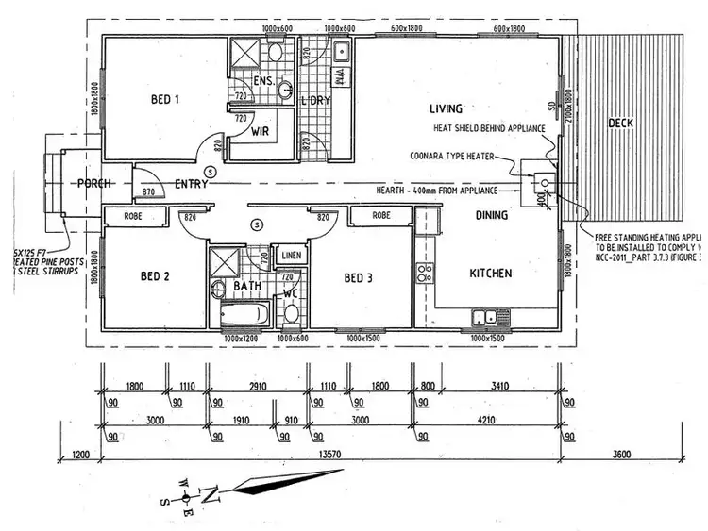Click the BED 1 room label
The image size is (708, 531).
click(x=166, y=97)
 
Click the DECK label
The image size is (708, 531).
click(x=620, y=124)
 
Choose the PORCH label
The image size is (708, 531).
click(x=96, y=184)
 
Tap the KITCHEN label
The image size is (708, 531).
click(x=491, y=274)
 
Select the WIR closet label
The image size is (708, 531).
click(x=261, y=133)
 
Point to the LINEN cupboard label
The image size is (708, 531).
click(x=291, y=255)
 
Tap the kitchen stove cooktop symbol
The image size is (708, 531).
click(x=426, y=273)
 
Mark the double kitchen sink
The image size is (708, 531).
click(x=487, y=319)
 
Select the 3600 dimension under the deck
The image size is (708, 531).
click(x=621, y=456)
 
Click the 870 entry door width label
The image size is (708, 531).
click(x=147, y=192)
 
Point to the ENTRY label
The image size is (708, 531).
click(x=192, y=184)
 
